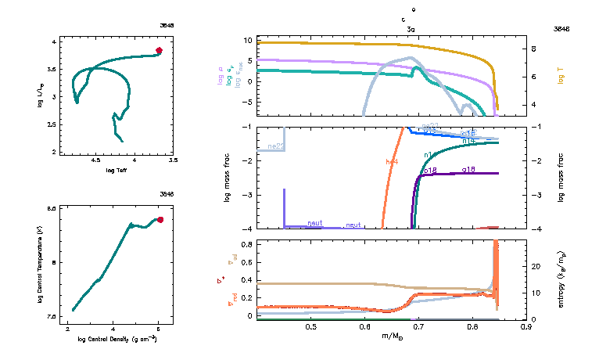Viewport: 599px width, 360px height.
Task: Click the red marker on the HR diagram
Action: point(159,50)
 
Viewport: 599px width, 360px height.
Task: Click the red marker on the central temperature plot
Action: point(160,220)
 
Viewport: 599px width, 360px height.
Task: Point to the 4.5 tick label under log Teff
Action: point(96,160)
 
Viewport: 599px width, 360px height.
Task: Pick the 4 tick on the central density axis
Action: point(112,329)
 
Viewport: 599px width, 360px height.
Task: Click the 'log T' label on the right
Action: point(561,77)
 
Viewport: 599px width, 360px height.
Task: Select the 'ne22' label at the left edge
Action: point(274,146)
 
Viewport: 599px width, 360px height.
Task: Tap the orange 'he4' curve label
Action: point(393,162)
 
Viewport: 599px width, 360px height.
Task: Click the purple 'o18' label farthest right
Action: point(468,169)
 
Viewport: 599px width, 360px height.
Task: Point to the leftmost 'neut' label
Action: point(315,224)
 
